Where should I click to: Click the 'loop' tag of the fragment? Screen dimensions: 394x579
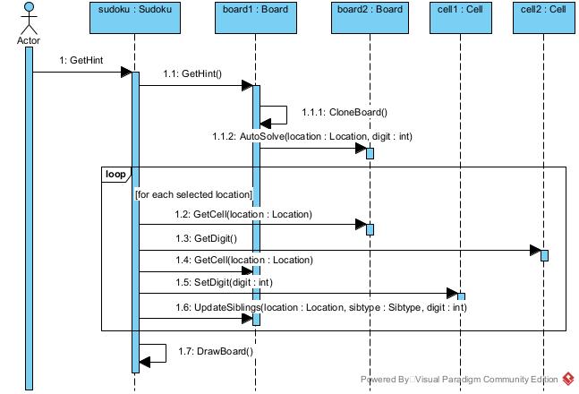(x=115, y=173)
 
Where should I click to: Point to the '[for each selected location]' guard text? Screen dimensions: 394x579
(x=193, y=194)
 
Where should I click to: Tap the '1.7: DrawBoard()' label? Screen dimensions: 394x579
(x=216, y=351)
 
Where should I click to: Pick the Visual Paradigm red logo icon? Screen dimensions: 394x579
(x=567, y=380)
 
